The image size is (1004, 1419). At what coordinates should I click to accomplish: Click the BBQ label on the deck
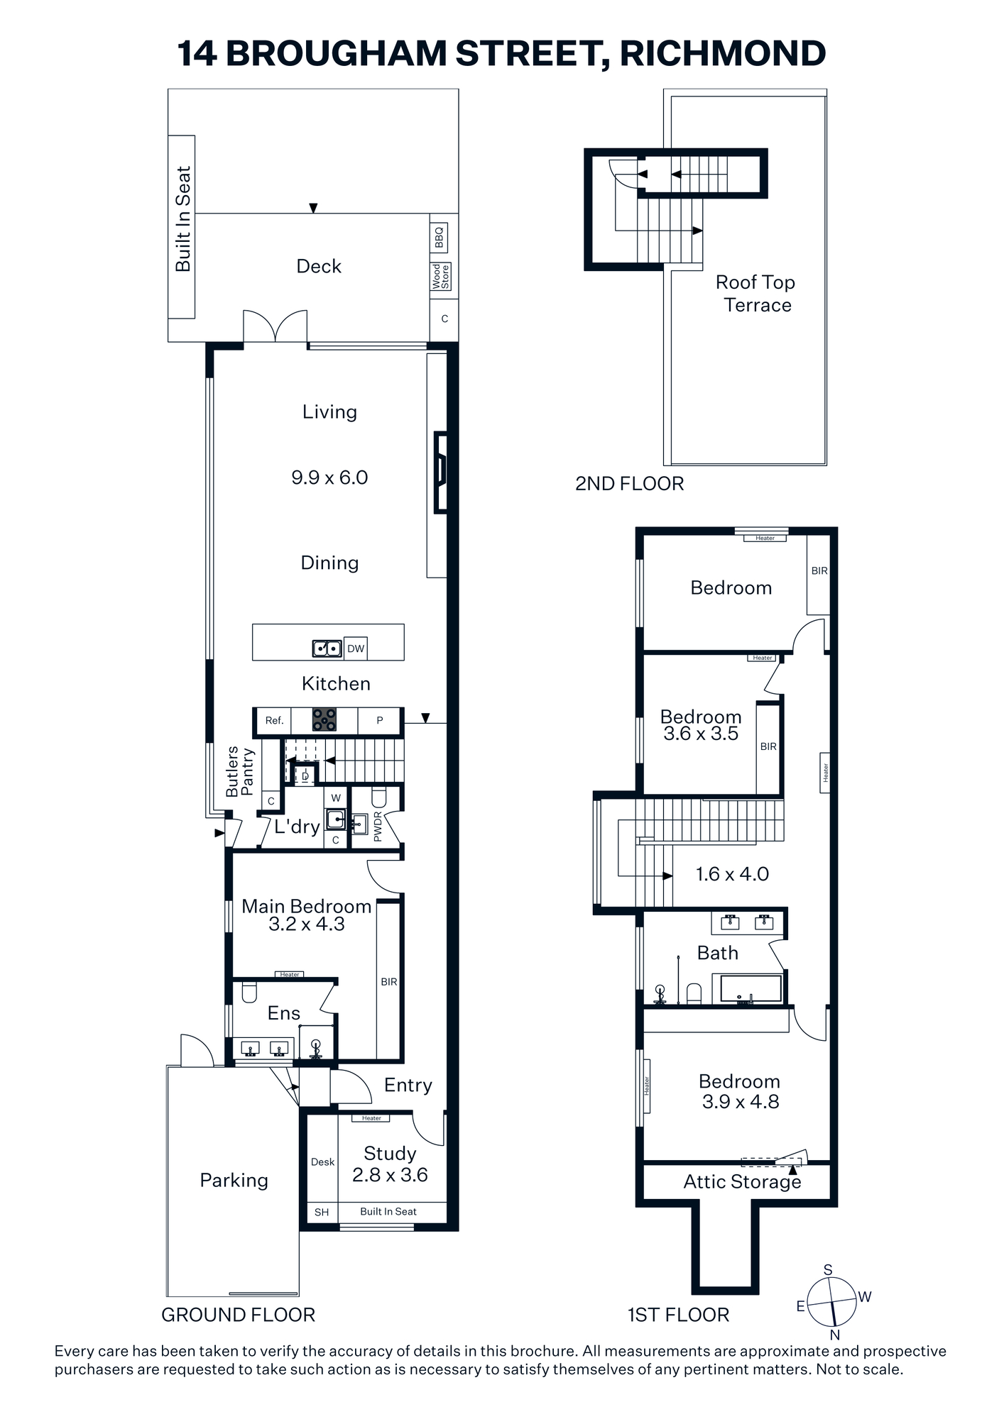click(x=439, y=238)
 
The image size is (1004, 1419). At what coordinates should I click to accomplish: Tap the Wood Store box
click(x=440, y=276)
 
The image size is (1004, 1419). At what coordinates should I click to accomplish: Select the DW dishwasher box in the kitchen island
click(x=356, y=648)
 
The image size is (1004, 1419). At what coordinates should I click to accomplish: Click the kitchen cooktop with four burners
click(x=325, y=720)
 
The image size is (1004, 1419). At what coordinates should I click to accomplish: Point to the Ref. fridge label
click(x=274, y=720)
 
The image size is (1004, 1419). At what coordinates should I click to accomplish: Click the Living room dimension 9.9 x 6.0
click(x=329, y=477)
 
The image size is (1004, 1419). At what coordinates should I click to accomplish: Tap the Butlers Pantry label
click(x=239, y=771)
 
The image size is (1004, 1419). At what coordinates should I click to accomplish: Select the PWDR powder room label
click(x=377, y=827)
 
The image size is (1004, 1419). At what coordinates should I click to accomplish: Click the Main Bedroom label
click(x=307, y=906)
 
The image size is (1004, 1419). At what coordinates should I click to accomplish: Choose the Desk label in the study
click(x=322, y=1161)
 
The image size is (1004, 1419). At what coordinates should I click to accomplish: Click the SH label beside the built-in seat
click(x=322, y=1212)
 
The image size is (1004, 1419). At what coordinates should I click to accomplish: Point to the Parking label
click(x=234, y=1181)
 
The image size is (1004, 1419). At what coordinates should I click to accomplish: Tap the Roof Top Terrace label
click(x=755, y=294)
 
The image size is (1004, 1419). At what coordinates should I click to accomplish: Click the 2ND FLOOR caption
click(x=630, y=484)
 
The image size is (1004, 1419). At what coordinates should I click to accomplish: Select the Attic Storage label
click(x=742, y=1182)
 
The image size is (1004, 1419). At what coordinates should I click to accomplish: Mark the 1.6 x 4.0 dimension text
click(x=732, y=874)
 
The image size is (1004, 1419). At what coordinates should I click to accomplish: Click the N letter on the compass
click(x=835, y=1335)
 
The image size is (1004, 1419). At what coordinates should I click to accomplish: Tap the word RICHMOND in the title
click(x=723, y=53)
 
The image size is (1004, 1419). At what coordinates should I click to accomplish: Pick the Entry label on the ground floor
click(x=408, y=1086)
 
